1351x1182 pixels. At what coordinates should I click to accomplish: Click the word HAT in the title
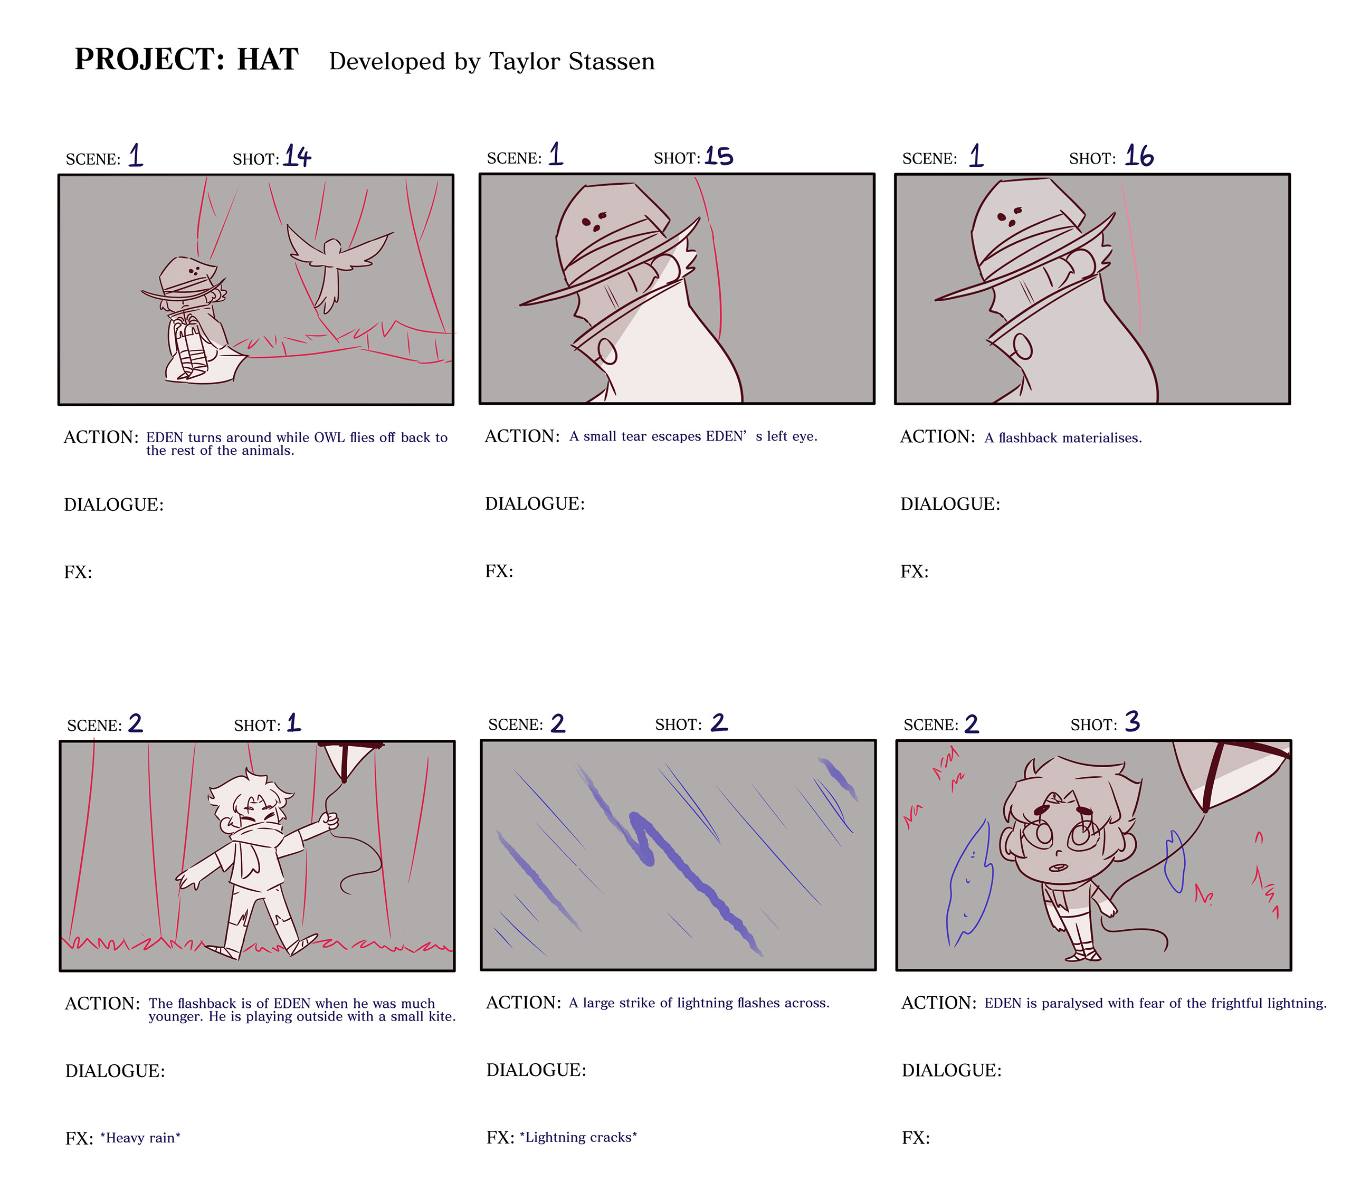(x=268, y=59)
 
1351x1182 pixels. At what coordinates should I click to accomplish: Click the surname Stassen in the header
(x=612, y=61)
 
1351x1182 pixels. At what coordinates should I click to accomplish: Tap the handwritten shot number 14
(x=297, y=156)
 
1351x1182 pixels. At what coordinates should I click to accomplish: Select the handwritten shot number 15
(x=718, y=156)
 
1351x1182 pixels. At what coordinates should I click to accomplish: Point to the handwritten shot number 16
(x=1139, y=156)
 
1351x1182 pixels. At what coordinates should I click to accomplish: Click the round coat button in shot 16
(x=1023, y=346)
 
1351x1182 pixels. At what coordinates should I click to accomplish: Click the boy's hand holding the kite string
(x=329, y=821)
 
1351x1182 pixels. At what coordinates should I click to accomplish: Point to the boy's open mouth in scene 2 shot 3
(x=1059, y=868)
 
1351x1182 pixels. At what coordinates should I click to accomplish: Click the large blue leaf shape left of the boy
(x=969, y=884)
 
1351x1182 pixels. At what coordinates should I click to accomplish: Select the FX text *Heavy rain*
(x=140, y=1138)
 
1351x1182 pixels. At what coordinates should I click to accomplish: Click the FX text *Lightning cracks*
(x=578, y=1137)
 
